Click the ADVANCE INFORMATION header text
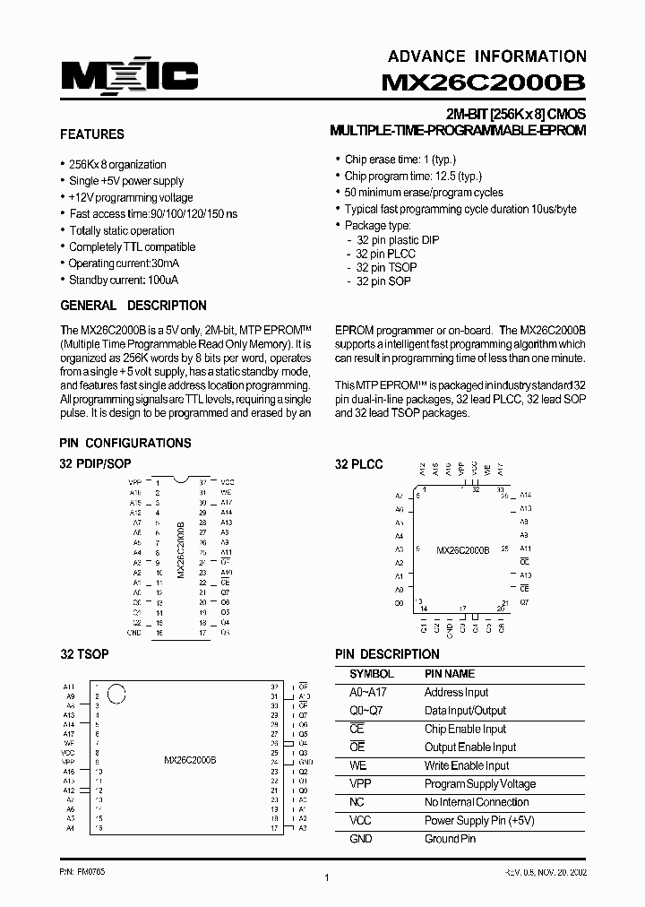pyautogui.click(x=487, y=56)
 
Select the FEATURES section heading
pyautogui.click(x=91, y=134)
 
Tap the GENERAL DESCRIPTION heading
pyautogui.click(x=133, y=306)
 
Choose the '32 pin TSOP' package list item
pyautogui.click(x=385, y=267)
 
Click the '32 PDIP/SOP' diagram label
pyautogui.click(x=94, y=464)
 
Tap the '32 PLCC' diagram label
pyautogui.click(x=358, y=464)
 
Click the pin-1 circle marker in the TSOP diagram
pyautogui.click(x=116, y=693)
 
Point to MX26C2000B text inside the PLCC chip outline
pyautogui.click(x=462, y=550)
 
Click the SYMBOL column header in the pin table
pyautogui.click(x=371, y=674)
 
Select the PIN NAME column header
pyautogui.click(x=449, y=674)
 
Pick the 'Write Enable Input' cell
pyautogui.click(x=466, y=765)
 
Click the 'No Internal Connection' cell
pyautogui.click(x=476, y=802)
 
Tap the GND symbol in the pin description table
pyautogui.click(x=360, y=839)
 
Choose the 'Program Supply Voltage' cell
pyautogui.click(x=479, y=784)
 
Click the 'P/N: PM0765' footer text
pyautogui.click(x=82, y=871)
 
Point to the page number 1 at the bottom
pyautogui.click(x=327, y=878)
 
